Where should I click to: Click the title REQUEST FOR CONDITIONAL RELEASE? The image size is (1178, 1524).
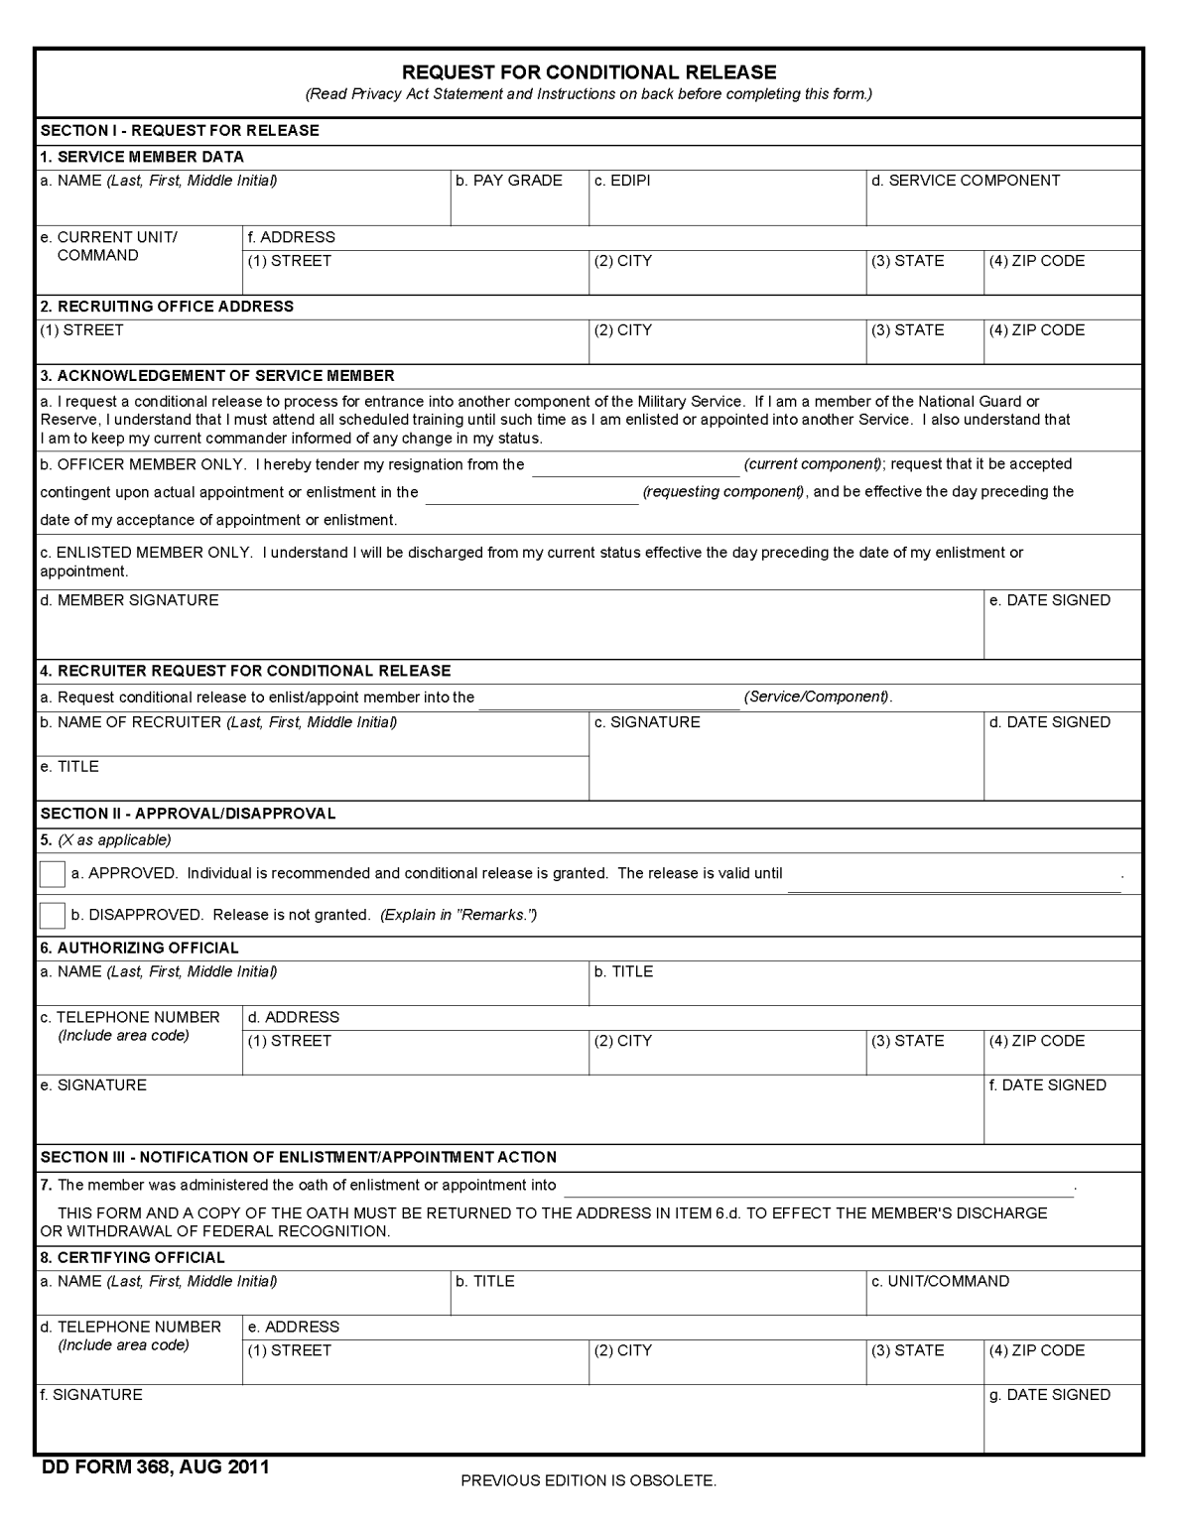point(589,72)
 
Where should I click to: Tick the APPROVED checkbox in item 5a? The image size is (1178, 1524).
point(52,874)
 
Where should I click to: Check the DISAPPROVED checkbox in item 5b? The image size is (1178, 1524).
point(52,915)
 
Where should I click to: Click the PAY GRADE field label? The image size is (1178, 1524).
point(509,181)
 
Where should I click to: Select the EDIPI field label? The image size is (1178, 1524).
point(622,181)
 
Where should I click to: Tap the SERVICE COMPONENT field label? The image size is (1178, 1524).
point(966,181)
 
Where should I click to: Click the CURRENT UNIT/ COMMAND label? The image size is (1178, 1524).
point(108,246)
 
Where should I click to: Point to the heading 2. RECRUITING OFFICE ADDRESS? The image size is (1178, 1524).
point(167,307)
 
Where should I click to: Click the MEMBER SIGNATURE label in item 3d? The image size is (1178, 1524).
point(129,600)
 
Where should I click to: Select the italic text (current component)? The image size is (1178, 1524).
point(813,464)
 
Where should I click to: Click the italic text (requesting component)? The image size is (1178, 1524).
point(724,492)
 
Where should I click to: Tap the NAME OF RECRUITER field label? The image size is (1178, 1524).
point(218,722)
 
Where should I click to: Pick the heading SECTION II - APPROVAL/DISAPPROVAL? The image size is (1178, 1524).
point(188,814)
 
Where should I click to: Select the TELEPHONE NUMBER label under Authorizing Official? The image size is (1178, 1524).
point(130,1018)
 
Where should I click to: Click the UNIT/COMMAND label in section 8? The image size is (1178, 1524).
point(940,1281)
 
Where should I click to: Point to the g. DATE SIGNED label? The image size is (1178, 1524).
point(1050,1395)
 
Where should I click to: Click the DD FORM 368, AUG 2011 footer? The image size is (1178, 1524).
point(155,1467)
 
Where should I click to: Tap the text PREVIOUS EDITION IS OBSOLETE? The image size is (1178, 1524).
point(589,1481)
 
